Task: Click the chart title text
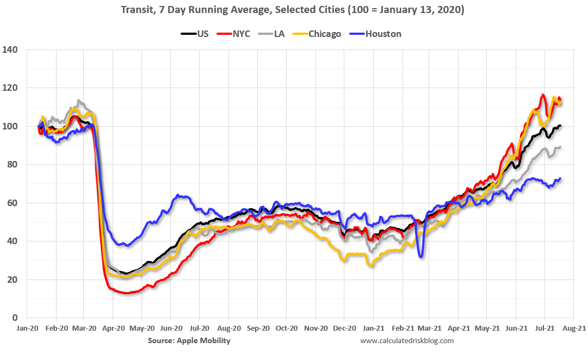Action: [x=294, y=10]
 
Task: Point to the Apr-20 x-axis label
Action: [x=112, y=328]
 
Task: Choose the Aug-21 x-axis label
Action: [x=573, y=328]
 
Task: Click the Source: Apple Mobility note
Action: [x=189, y=341]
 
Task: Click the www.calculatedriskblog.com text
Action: [x=407, y=341]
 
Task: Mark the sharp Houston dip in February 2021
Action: [x=421, y=256]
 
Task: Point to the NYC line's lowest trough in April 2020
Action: [x=127, y=293]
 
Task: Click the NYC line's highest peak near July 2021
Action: [x=542, y=95]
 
